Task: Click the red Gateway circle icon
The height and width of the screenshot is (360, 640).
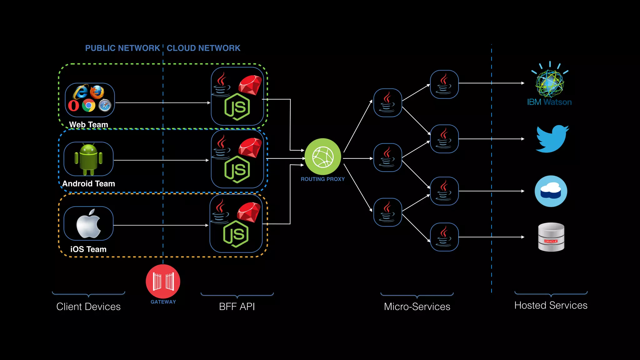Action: (163, 281)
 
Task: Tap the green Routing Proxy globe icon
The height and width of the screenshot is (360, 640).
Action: (322, 157)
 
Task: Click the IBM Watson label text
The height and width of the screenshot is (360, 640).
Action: (549, 102)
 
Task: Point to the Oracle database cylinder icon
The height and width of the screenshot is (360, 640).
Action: (551, 237)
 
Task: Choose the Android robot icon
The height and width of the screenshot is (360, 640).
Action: (88, 159)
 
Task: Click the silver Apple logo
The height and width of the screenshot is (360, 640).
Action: (88, 224)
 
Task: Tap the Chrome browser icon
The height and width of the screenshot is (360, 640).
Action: (88, 106)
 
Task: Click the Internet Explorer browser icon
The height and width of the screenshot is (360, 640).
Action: (80, 92)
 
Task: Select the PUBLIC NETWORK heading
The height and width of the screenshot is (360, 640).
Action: (122, 48)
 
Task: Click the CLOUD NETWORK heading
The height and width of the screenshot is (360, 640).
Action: (203, 48)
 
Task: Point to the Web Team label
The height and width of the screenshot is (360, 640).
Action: (88, 124)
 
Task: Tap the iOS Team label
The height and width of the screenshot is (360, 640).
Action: (88, 249)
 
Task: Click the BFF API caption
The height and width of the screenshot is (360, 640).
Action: (237, 307)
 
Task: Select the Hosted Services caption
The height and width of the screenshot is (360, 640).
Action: (551, 305)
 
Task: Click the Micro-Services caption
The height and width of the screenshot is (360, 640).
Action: (417, 307)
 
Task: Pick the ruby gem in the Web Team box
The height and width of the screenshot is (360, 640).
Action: (250, 85)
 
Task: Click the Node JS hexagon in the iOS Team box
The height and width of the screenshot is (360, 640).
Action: (236, 234)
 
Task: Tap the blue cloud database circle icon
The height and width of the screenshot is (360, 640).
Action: (551, 191)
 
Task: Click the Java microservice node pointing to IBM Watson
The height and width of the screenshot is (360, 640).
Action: (444, 84)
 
